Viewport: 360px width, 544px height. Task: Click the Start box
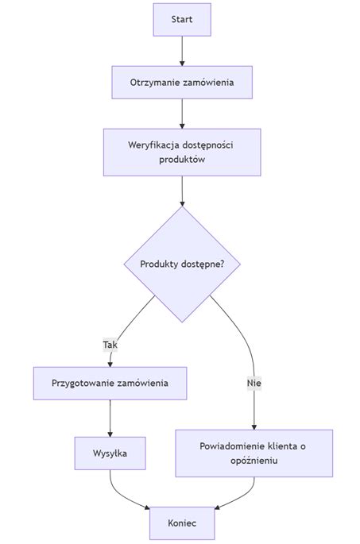pyautogui.click(x=182, y=19)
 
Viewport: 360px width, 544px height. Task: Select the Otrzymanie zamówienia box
pyautogui.click(x=182, y=82)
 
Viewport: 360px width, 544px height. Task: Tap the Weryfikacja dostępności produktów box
pyautogui.click(x=182, y=152)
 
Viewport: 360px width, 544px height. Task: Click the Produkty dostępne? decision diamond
pyautogui.click(x=182, y=264)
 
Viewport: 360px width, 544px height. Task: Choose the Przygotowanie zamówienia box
pyautogui.click(x=110, y=383)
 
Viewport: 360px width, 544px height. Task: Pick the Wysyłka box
pyautogui.click(x=110, y=453)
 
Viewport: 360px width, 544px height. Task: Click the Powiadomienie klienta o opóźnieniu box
pyautogui.click(x=254, y=453)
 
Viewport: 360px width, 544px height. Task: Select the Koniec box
pyautogui.click(x=182, y=523)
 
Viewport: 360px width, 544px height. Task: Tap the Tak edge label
pyautogui.click(x=110, y=345)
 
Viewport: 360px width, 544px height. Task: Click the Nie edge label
pyautogui.click(x=254, y=383)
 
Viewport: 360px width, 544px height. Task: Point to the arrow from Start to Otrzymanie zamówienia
pyautogui.click(x=182, y=50)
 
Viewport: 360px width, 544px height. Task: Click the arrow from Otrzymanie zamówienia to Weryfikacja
pyautogui.click(x=182, y=113)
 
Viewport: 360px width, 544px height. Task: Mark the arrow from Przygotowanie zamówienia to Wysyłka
pyautogui.click(x=110, y=418)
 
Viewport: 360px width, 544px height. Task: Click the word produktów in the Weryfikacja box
pyautogui.click(x=182, y=160)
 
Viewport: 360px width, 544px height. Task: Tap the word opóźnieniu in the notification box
pyautogui.click(x=254, y=461)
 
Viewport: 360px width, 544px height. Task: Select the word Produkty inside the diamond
pyautogui.click(x=159, y=264)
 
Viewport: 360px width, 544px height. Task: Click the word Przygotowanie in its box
pyautogui.click(x=83, y=383)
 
